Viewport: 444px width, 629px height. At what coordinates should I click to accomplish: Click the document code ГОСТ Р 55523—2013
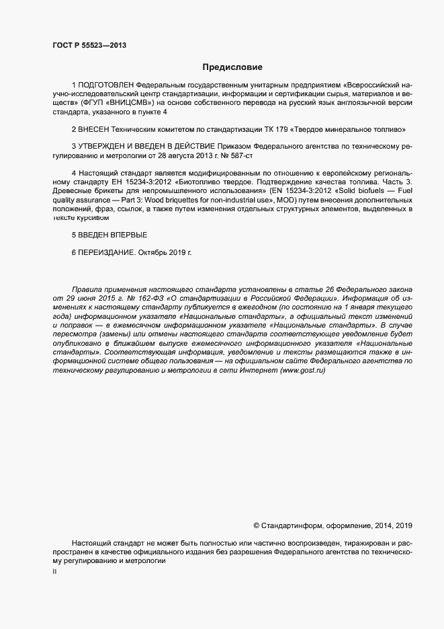(x=89, y=45)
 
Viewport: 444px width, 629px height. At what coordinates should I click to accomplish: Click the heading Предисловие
(x=232, y=67)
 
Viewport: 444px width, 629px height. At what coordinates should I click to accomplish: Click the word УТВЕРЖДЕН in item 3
(x=105, y=146)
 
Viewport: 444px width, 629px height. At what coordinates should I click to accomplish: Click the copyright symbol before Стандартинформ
(x=255, y=524)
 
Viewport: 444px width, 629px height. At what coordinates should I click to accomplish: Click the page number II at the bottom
(x=54, y=572)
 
